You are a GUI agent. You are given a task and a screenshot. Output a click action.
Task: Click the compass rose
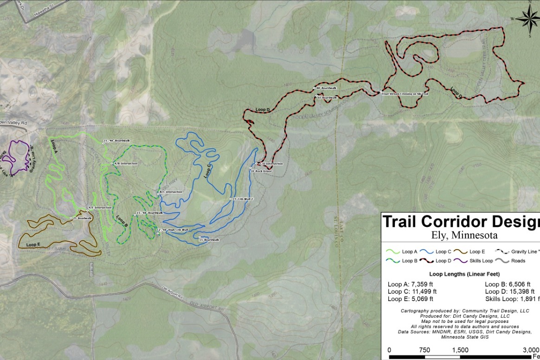click(527, 19)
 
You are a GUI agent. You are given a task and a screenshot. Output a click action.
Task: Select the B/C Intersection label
click(171, 192)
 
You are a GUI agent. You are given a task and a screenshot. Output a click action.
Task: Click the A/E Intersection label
click(100, 208)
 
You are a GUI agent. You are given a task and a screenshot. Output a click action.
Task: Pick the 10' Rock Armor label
click(261, 171)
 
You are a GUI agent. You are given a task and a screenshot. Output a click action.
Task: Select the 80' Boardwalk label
click(326, 88)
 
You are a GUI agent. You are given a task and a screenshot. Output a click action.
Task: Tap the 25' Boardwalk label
click(83, 218)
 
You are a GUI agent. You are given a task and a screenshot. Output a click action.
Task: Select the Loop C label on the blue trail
click(207, 172)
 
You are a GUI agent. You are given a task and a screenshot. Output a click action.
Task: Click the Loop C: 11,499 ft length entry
click(412, 291)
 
